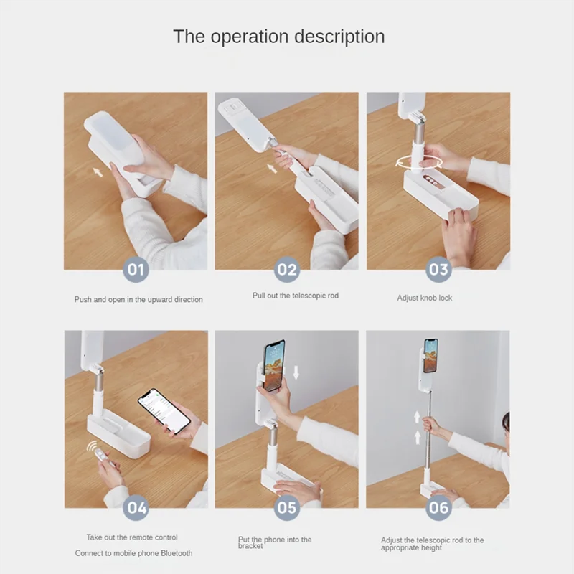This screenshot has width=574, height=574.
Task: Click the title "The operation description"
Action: pyautogui.click(x=278, y=37)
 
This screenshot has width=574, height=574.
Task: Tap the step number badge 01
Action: pyautogui.click(x=136, y=270)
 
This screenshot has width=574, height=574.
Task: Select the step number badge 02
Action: pyautogui.click(x=287, y=270)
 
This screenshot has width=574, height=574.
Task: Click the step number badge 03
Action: pyautogui.click(x=438, y=270)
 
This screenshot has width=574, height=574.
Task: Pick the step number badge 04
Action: pyautogui.click(x=136, y=509)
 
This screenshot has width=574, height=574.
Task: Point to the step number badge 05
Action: pyautogui.click(x=287, y=509)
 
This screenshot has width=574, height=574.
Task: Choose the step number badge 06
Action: pyautogui.click(x=438, y=509)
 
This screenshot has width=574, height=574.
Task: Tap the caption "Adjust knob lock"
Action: pyautogui.click(x=425, y=298)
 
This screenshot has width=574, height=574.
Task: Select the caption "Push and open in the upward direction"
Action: pyautogui.click(x=138, y=299)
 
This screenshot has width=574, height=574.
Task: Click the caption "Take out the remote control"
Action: pyautogui.click(x=132, y=537)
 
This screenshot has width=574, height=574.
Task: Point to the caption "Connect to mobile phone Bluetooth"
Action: pyautogui.click(x=134, y=553)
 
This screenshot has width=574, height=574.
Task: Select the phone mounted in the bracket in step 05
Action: pyautogui.click(x=273, y=365)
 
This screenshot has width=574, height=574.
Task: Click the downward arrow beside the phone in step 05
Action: pyautogui.click(x=296, y=372)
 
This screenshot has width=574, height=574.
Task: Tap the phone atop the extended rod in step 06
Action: pyautogui.click(x=430, y=355)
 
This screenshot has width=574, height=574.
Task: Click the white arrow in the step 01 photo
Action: pyautogui.click(x=98, y=172)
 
